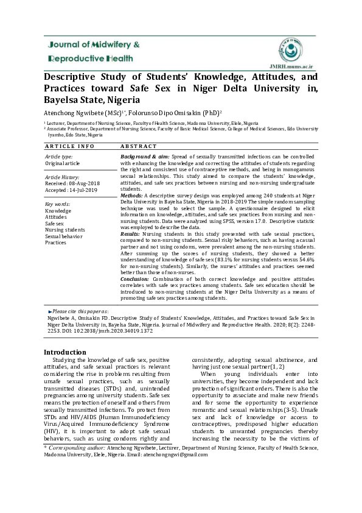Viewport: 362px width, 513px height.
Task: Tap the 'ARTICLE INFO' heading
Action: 69,146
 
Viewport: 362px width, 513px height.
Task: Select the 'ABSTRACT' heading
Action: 139,146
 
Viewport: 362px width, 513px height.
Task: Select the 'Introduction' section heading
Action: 65,352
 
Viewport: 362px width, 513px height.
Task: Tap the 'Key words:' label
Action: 58,203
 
